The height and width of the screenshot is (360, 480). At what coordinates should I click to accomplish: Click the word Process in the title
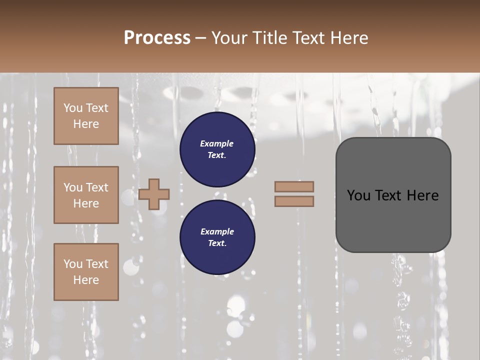(157, 38)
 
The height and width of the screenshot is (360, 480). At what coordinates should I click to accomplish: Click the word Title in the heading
(268, 38)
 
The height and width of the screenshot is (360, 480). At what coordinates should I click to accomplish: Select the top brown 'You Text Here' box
(86, 116)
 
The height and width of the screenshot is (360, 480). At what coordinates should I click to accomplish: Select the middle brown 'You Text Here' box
(86, 195)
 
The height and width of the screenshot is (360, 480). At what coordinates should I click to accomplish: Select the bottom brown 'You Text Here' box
(86, 272)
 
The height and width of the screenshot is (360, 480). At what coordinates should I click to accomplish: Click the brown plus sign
(154, 194)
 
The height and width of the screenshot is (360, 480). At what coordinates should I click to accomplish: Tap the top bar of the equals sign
(294, 186)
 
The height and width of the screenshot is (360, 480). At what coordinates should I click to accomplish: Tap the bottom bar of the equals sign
(294, 201)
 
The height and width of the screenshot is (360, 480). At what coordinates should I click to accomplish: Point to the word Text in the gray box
(391, 195)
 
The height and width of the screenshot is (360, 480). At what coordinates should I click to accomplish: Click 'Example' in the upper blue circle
(217, 143)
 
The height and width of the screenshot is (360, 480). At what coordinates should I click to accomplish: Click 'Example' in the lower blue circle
(217, 231)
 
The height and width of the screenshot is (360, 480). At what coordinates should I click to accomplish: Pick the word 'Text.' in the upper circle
(217, 155)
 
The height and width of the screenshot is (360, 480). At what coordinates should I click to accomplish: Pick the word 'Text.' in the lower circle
(217, 243)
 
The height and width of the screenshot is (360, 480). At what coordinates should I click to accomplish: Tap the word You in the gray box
(359, 195)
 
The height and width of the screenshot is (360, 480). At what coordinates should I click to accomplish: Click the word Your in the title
(231, 38)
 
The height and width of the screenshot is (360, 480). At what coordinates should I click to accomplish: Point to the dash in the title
(201, 38)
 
